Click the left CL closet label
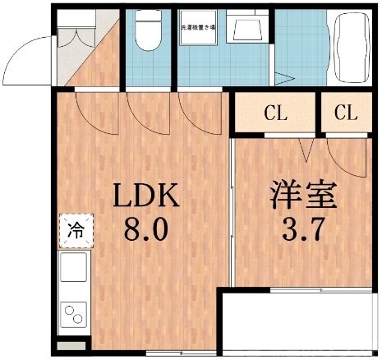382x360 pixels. pos(275,113)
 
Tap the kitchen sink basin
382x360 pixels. pos(75,269)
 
